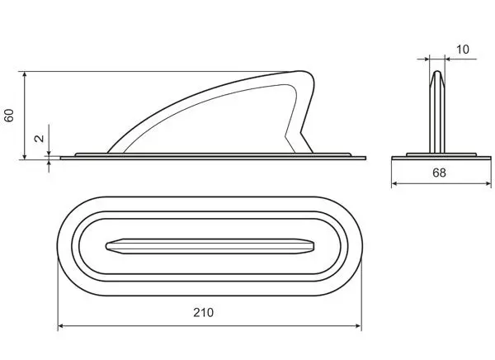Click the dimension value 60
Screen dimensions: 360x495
click(10, 115)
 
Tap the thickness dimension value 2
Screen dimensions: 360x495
click(38, 139)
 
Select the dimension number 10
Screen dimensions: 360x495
click(461, 50)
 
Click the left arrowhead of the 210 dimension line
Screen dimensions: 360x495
click(61, 326)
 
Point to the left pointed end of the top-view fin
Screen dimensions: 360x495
click(108, 245)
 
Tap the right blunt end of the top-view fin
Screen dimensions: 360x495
click(314, 245)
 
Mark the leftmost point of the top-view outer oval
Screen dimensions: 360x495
click(57, 245)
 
